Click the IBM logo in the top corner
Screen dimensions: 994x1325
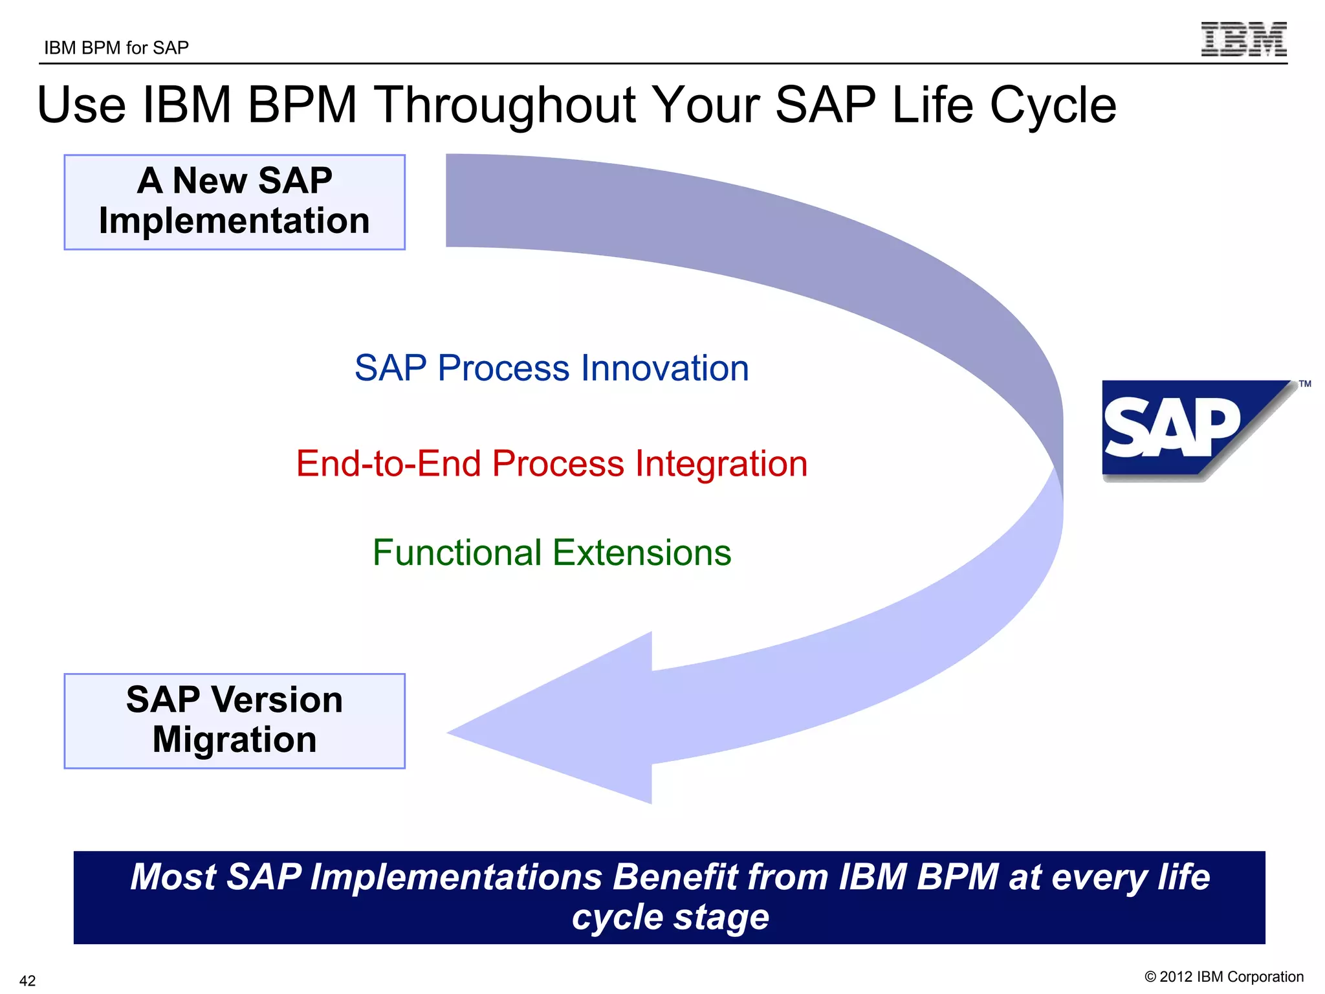click(1243, 39)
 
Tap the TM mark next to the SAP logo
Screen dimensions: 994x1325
click(1305, 384)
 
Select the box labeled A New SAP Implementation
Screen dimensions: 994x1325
click(234, 202)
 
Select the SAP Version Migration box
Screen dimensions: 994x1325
click(234, 721)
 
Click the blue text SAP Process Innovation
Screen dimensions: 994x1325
click(551, 368)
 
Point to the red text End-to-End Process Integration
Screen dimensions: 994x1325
click(551, 464)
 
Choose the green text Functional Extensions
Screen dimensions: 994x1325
click(551, 553)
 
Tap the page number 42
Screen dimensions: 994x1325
click(28, 980)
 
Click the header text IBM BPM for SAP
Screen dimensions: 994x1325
click(116, 48)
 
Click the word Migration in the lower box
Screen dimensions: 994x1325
click(234, 740)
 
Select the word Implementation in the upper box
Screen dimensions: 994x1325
click(234, 221)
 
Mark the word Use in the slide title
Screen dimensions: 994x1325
click(82, 105)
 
